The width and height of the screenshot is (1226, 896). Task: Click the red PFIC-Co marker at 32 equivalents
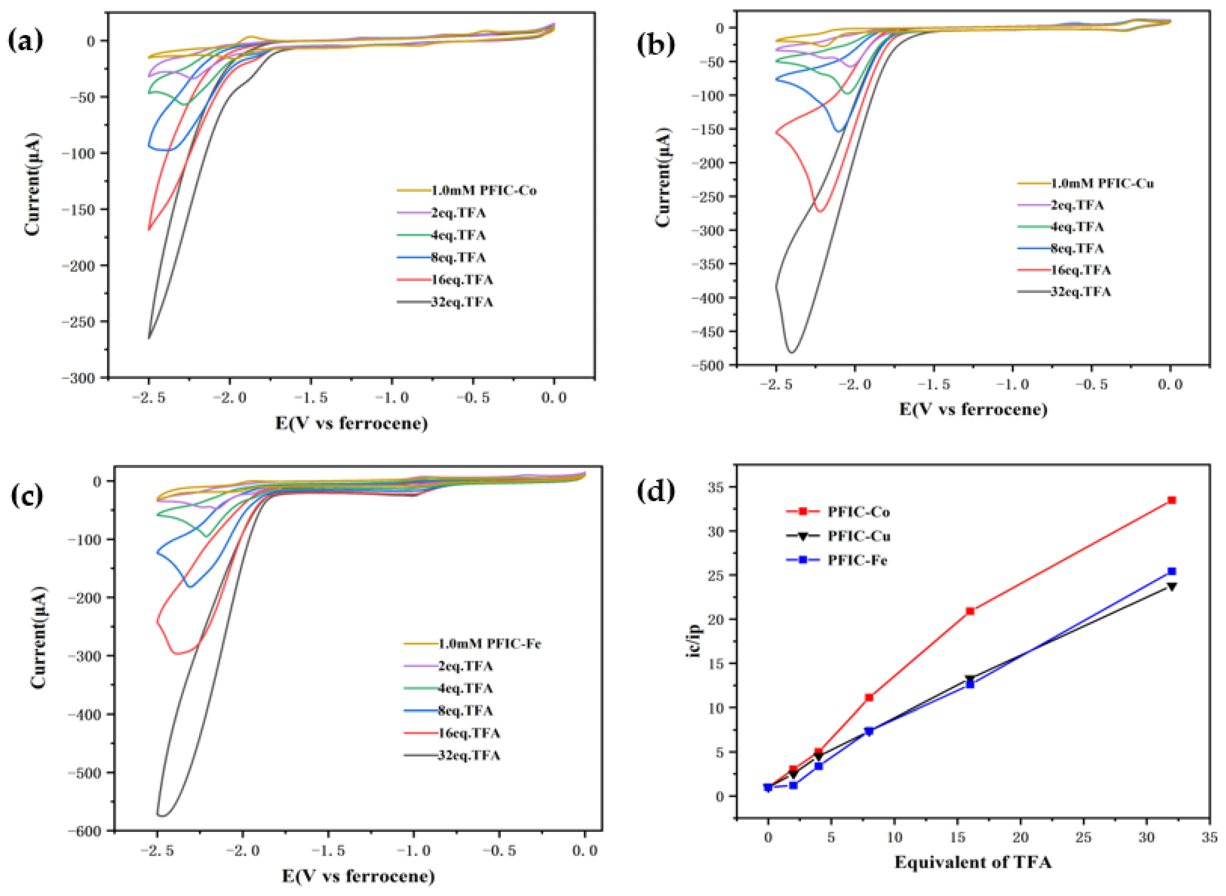click(x=1172, y=500)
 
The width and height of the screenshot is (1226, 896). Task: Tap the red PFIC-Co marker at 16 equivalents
click(x=970, y=611)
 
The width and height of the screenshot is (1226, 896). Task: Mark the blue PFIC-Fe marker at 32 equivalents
click(x=1172, y=571)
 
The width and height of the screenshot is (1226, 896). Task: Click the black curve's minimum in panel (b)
click(x=791, y=353)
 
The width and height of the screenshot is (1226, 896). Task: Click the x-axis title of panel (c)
click(x=358, y=876)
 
